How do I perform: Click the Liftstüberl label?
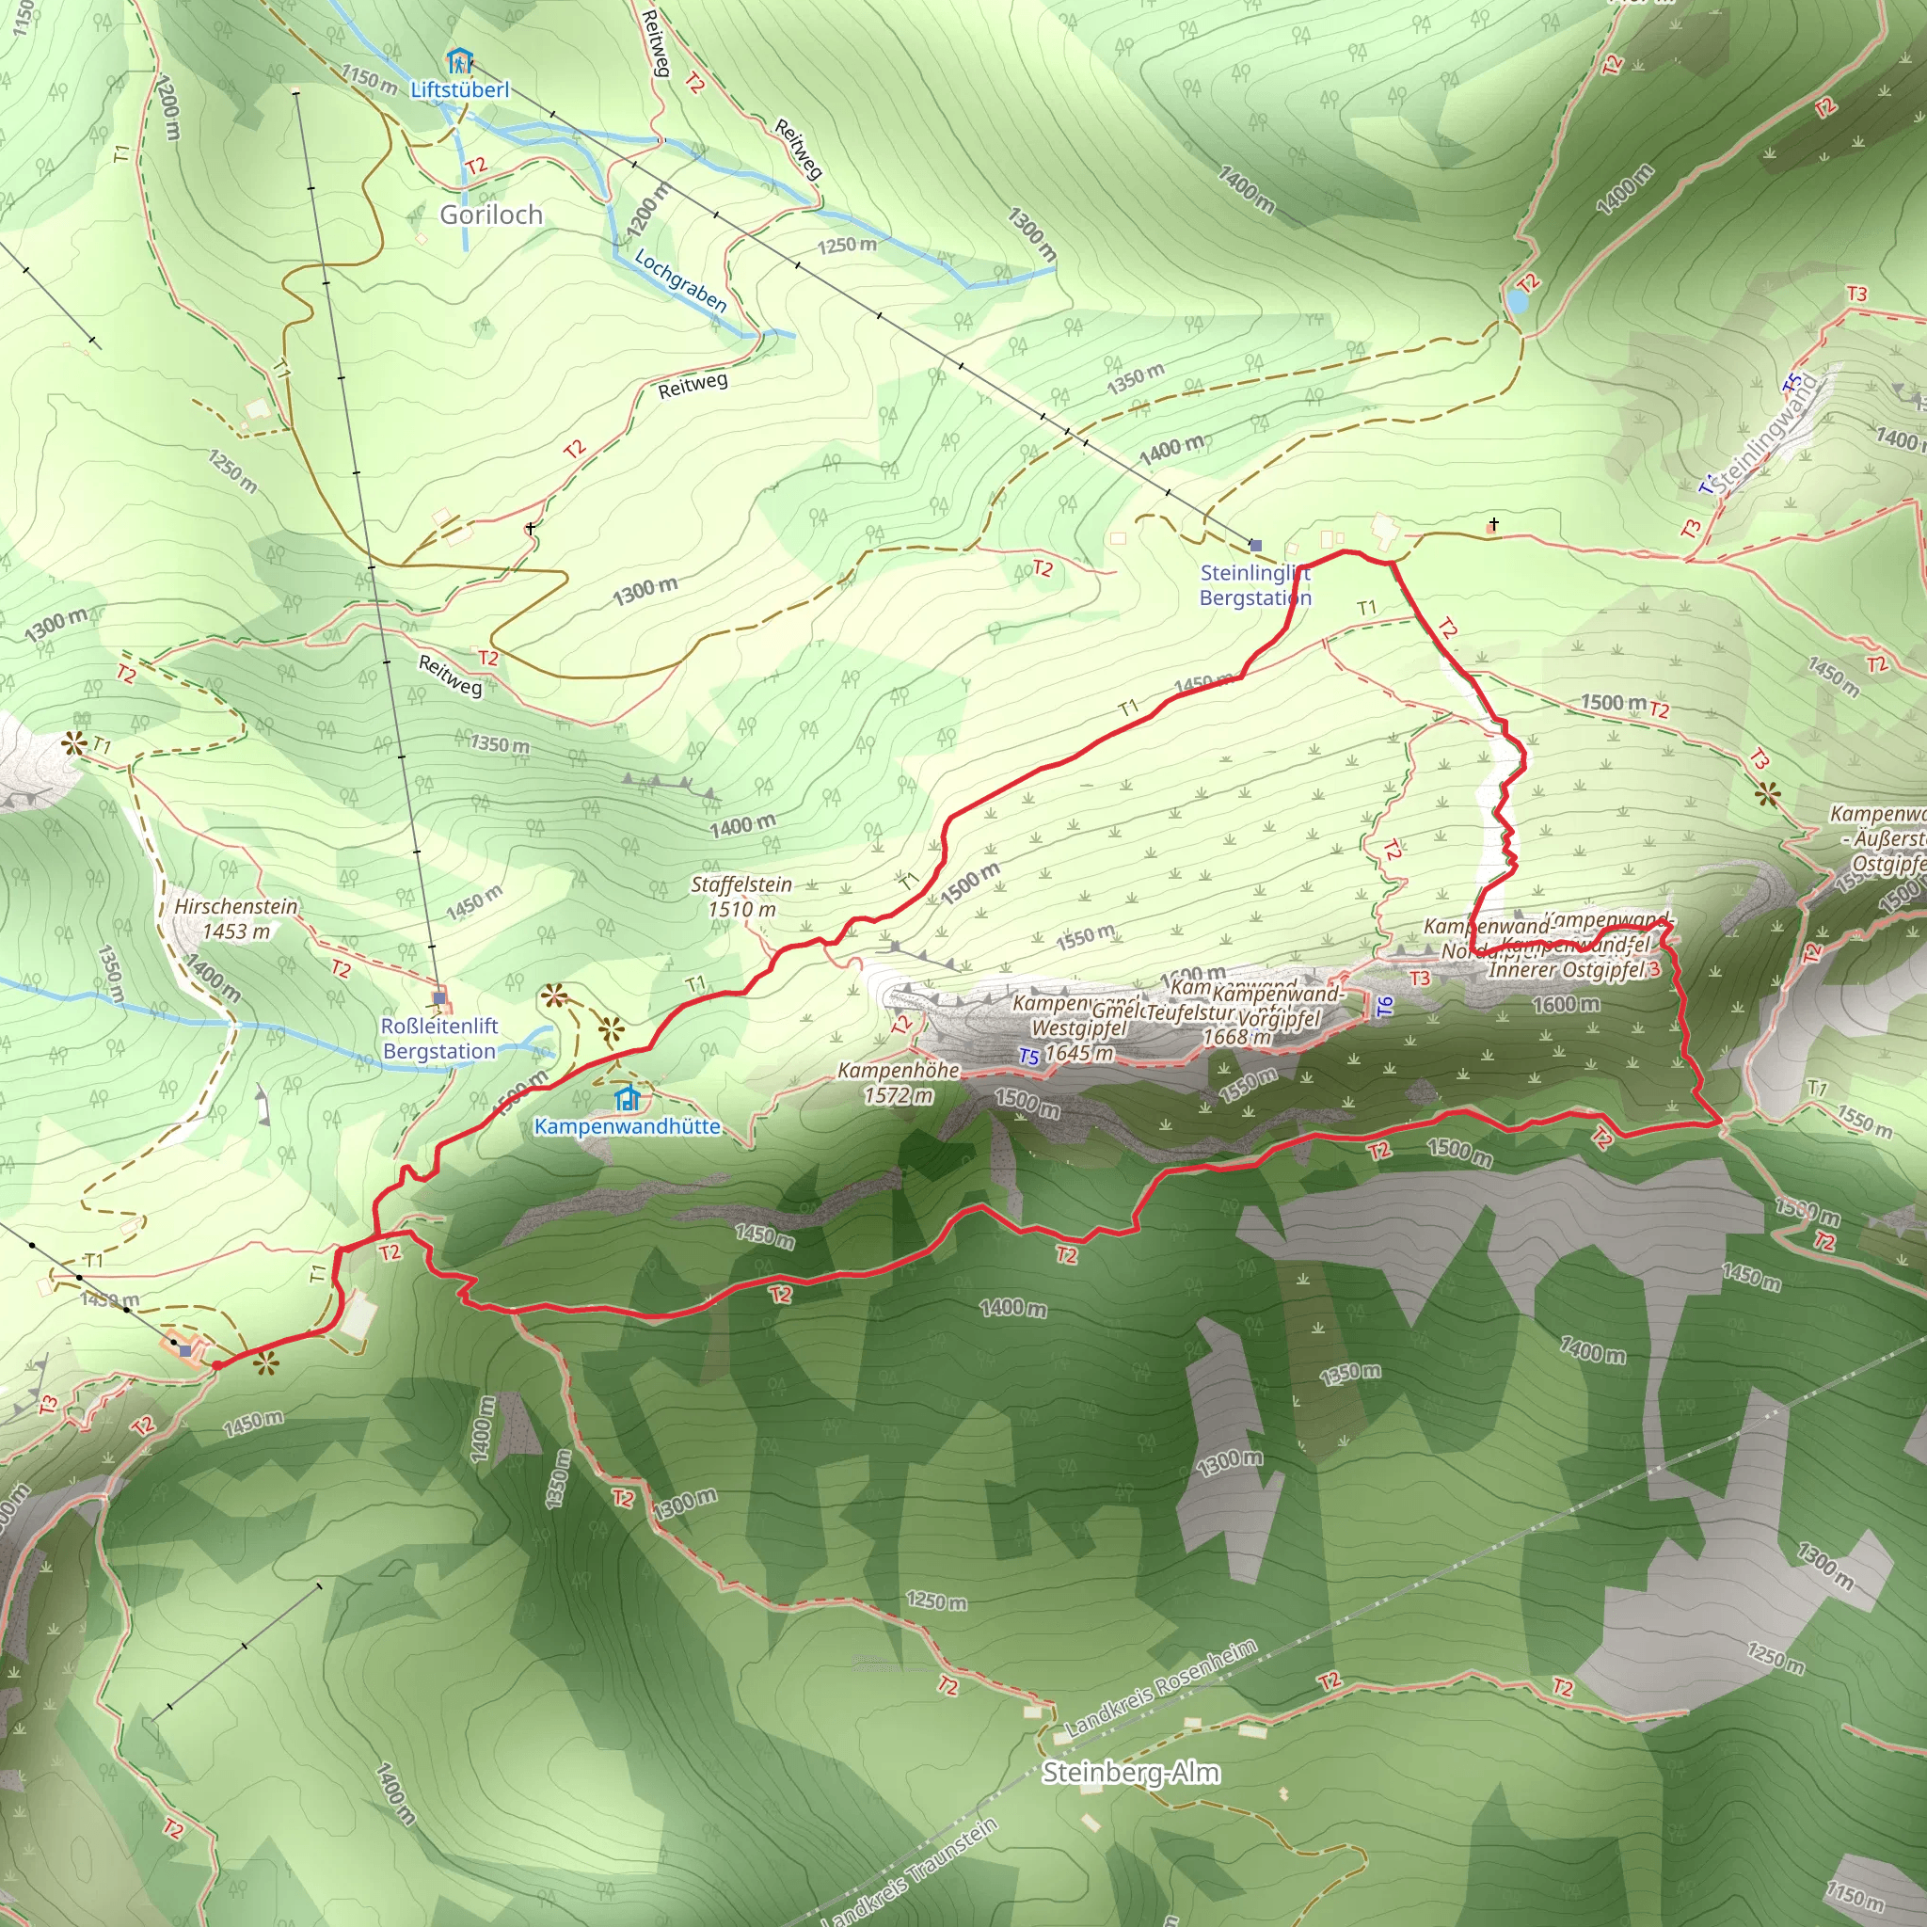point(460,89)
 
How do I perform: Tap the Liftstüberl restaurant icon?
point(459,61)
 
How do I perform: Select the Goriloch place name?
point(491,215)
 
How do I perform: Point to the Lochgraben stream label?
point(680,280)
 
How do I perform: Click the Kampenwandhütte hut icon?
point(627,1099)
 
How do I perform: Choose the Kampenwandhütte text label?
point(627,1126)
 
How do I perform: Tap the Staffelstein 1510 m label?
point(741,896)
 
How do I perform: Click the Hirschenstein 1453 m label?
point(235,917)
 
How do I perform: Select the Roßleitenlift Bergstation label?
point(438,1039)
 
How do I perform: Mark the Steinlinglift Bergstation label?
point(1255,585)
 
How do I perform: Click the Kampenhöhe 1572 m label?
point(899,1082)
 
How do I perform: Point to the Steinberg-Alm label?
point(1130,1773)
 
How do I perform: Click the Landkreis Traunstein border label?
point(909,1873)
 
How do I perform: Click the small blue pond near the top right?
point(1517,300)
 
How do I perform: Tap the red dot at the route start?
point(217,1365)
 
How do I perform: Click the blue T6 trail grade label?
point(1384,1008)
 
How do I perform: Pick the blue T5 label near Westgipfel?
point(1028,1057)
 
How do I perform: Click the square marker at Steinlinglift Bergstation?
point(1256,546)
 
